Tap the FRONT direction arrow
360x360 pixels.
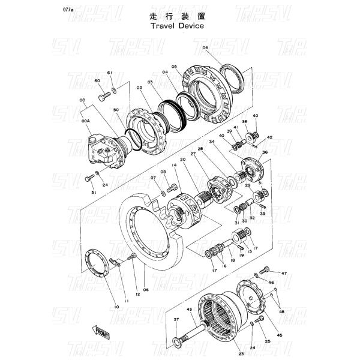pos(100,332)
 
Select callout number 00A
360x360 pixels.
pos(86,120)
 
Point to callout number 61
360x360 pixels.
pos(110,73)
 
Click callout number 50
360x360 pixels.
pos(115,110)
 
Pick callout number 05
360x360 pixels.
pos(174,67)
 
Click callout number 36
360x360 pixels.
pos(265,152)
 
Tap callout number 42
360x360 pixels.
pos(269,138)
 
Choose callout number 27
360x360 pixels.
pos(194,154)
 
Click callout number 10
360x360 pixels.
pos(116,307)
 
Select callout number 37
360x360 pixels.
pos(176,320)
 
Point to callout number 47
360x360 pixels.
pos(284,273)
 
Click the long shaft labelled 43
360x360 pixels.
pos(192,326)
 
